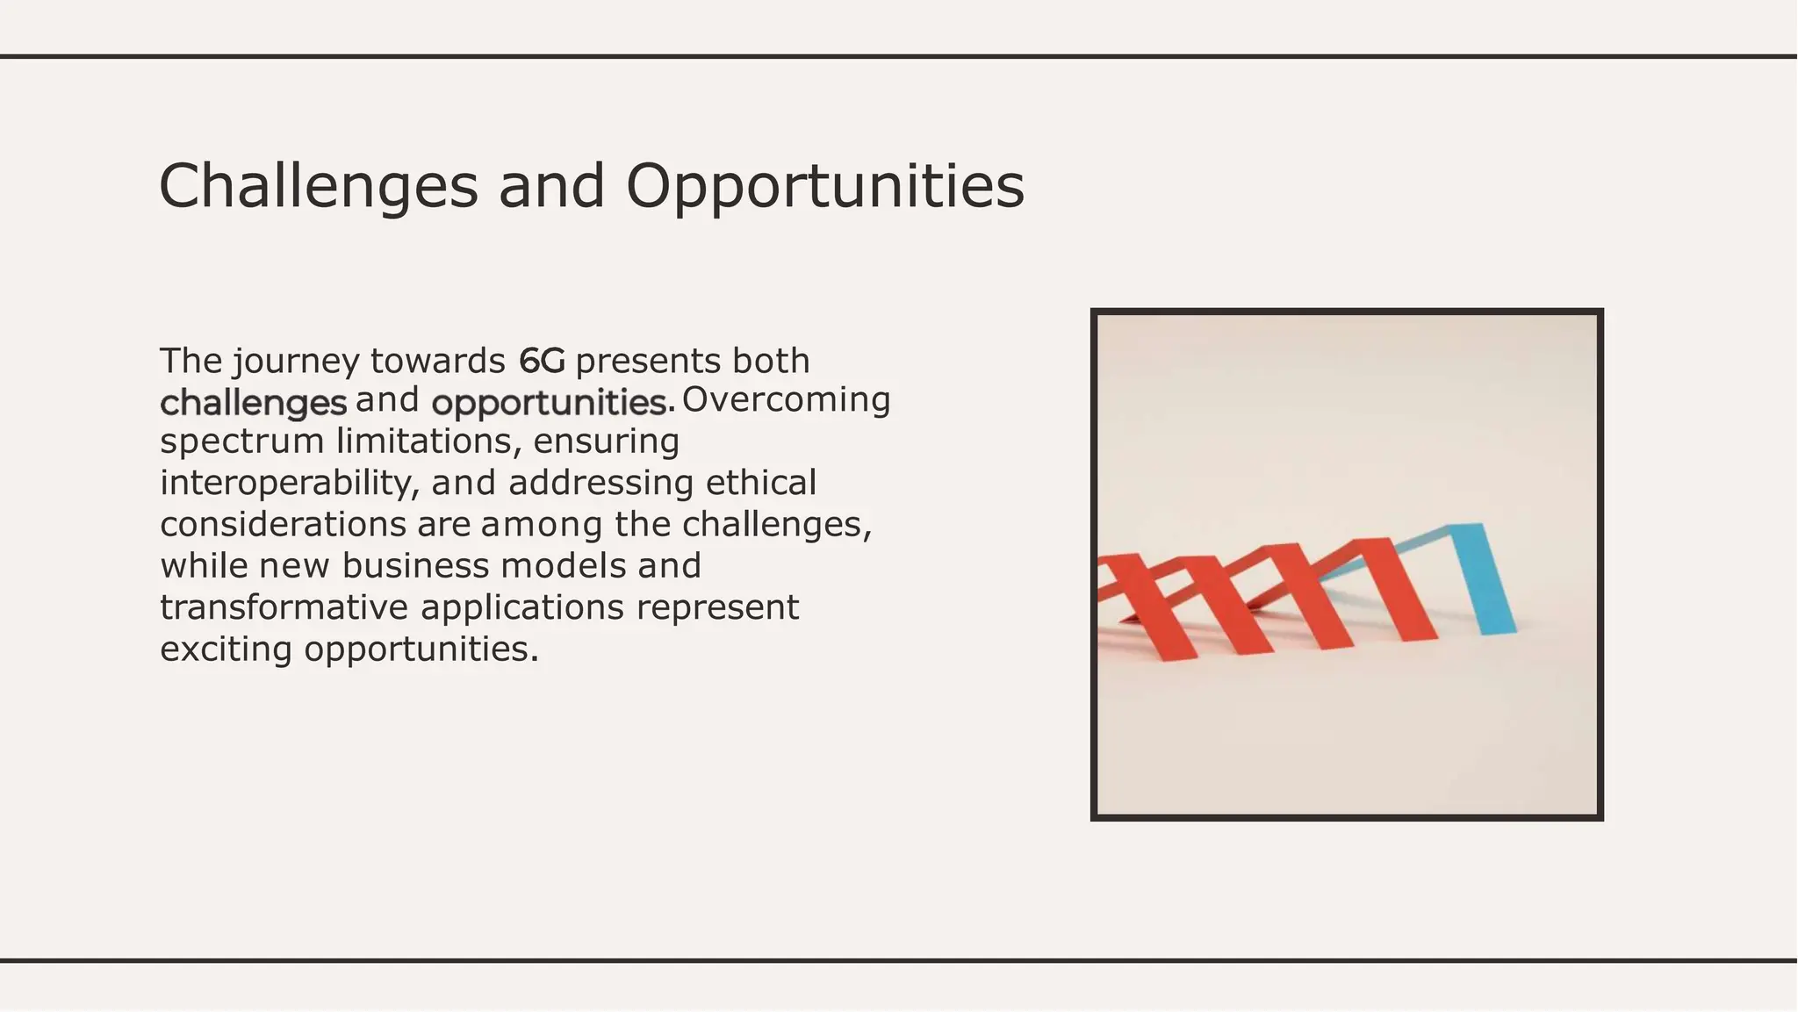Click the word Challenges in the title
(x=318, y=187)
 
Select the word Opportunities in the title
(x=824, y=187)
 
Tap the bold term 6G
(x=542, y=361)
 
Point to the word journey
(x=296, y=362)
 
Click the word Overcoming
(x=786, y=400)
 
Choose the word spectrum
(x=241, y=441)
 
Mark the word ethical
(x=761, y=483)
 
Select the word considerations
(x=283, y=525)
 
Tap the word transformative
(x=284, y=607)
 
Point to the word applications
(x=522, y=608)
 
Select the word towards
(x=437, y=361)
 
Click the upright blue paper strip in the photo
(x=1485, y=578)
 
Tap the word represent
(x=717, y=608)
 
